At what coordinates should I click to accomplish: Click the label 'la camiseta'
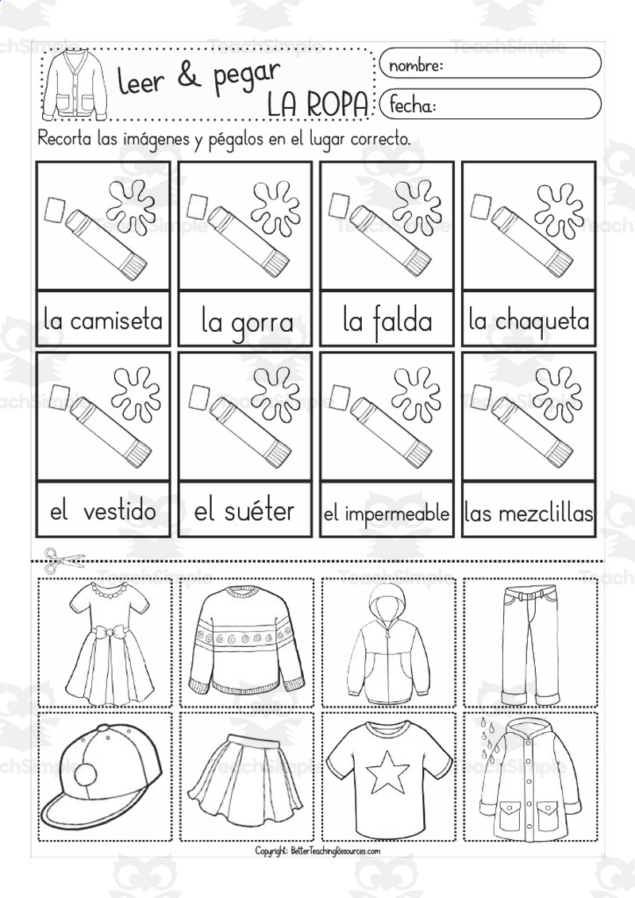[x=103, y=321]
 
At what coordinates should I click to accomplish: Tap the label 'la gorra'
[x=247, y=323]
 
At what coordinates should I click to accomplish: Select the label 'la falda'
[x=387, y=321]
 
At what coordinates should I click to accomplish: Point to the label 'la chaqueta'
[x=529, y=321]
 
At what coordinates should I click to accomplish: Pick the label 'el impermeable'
[x=387, y=514]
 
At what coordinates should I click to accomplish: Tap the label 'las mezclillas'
[x=529, y=514]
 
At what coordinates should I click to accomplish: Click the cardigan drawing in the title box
[x=74, y=83]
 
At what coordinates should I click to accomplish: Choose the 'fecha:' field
[x=490, y=105]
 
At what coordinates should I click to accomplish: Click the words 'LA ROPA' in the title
[x=317, y=104]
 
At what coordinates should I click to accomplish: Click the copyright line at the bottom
[x=317, y=851]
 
